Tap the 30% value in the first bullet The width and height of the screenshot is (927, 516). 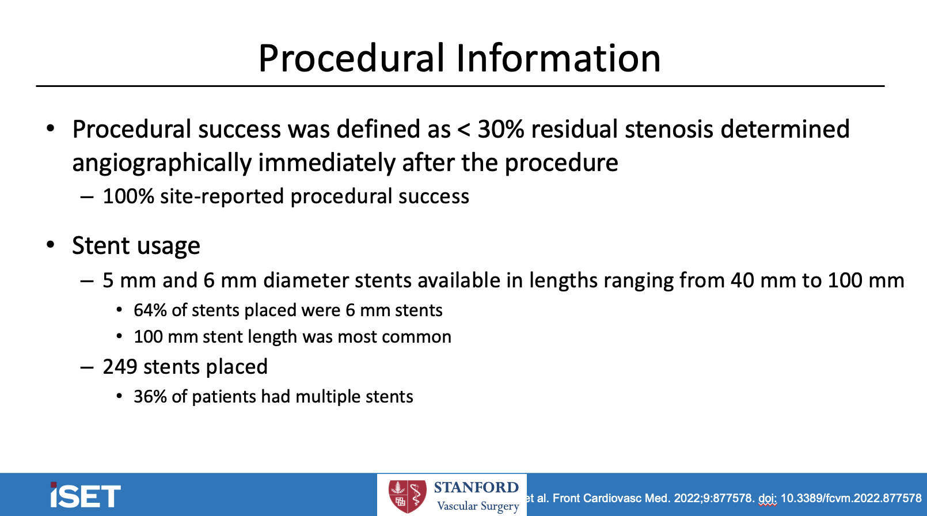(500, 130)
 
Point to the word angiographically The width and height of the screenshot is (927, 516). (162, 163)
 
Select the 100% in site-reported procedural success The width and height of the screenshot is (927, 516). (128, 196)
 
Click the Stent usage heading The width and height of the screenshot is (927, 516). (136, 246)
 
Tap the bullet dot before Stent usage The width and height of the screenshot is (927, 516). (51, 245)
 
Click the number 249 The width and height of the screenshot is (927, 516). (119, 367)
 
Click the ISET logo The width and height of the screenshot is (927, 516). (85, 495)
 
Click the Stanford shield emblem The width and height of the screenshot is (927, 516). (407, 496)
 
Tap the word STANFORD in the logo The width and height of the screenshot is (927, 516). (476, 487)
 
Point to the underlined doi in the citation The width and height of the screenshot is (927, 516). (767, 498)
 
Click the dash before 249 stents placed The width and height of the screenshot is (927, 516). (87, 367)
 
